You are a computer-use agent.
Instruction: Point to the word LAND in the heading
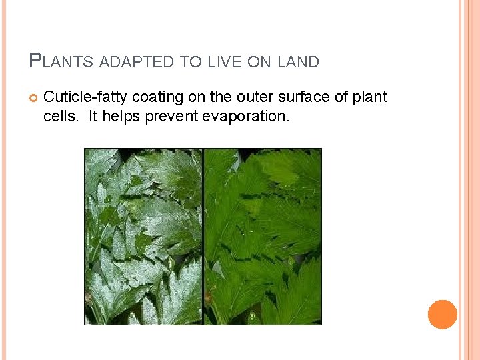click(x=298, y=62)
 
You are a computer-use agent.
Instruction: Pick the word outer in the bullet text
click(x=254, y=97)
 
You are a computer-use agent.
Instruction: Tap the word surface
click(x=303, y=97)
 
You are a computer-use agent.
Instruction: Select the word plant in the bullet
click(x=369, y=97)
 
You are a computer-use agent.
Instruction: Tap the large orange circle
click(x=442, y=315)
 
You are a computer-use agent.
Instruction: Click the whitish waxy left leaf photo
click(x=143, y=237)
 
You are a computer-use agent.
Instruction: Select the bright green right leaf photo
click(x=263, y=237)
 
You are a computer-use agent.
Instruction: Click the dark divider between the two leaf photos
click(x=203, y=237)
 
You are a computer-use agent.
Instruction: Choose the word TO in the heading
click(x=191, y=62)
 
